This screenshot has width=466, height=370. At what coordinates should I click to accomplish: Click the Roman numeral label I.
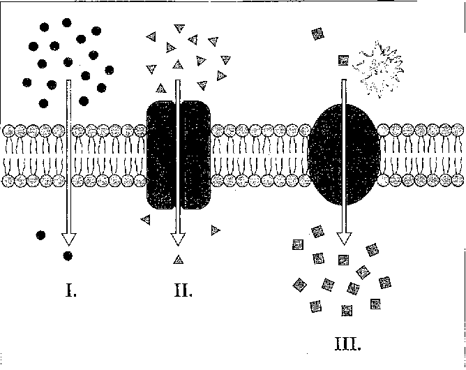click(70, 290)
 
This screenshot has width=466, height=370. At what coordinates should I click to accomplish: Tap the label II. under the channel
click(182, 290)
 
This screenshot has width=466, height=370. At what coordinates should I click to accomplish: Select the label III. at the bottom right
click(347, 343)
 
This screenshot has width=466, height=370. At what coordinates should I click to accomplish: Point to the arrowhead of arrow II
click(178, 239)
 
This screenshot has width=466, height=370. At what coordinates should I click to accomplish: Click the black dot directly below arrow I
click(68, 256)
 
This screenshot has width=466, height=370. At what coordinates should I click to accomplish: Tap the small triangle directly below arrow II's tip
click(178, 260)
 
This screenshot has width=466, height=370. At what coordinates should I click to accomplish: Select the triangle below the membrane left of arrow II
click(145, 220)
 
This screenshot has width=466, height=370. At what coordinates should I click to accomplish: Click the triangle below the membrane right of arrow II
click(215, 229)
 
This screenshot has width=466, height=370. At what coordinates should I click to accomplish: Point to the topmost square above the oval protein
click(317, 33)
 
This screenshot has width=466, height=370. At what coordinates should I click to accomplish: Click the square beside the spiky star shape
click(343, 61)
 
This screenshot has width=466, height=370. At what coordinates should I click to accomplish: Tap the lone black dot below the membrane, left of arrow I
click(41, 235)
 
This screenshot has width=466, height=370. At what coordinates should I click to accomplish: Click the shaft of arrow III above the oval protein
click(344, 91)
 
